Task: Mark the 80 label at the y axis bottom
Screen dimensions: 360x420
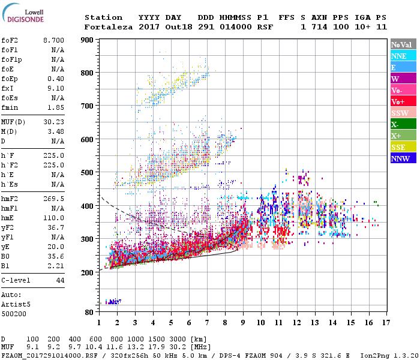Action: (90, 312)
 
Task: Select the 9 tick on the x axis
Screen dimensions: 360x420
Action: (243, 322)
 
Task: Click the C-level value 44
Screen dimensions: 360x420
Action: (60, 280)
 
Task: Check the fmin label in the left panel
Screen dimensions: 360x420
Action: (10, 107)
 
